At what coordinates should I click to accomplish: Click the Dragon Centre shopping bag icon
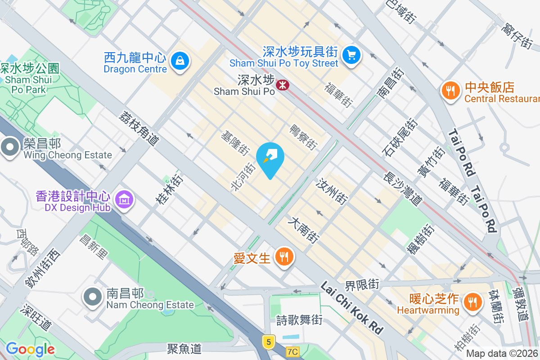pos(180,59)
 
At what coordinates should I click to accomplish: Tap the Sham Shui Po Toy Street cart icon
pos(351,55)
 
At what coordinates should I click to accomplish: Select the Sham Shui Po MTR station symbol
pos(283,85)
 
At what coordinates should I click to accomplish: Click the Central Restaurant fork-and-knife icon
pos(449,91)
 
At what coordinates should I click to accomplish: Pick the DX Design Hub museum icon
pos(124,199)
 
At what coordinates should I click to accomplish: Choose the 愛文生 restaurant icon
pos(283,257)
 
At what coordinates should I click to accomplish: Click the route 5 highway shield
pos(269,342)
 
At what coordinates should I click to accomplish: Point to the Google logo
pos(30,349)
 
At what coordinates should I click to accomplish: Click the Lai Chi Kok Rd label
pos(352,308)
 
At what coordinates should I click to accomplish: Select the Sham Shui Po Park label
pos(29,79)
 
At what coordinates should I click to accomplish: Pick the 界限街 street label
pos(362,284)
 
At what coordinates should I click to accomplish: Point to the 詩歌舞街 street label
pos(299,320)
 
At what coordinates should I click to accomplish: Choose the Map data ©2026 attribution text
pos(502,354)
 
